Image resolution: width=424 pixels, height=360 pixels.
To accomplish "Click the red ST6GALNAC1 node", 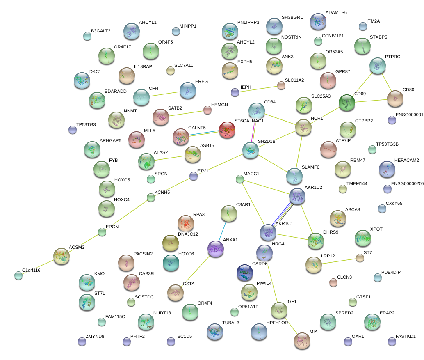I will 227,130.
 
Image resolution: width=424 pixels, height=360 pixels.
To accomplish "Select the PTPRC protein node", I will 377,65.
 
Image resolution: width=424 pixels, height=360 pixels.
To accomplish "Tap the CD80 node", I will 395,99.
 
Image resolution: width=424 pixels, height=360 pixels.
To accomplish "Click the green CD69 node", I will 347,103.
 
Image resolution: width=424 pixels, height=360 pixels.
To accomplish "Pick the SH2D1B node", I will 251,151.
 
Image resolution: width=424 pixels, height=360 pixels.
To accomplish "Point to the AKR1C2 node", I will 297,197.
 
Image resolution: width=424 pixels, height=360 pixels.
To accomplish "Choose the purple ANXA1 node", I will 216,249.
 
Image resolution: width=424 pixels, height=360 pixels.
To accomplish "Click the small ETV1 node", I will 194,177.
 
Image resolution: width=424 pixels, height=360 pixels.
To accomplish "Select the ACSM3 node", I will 62,256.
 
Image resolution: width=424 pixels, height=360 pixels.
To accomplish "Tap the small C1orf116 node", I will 18,275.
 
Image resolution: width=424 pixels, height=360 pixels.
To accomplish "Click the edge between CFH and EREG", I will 164,94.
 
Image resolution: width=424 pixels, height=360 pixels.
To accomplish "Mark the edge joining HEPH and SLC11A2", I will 258,89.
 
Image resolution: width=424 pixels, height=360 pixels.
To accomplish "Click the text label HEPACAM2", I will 406,160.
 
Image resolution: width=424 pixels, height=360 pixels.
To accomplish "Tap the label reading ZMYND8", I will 95,336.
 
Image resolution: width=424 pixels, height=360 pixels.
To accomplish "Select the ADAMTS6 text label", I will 336,12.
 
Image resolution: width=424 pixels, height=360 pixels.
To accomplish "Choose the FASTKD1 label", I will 406,336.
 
